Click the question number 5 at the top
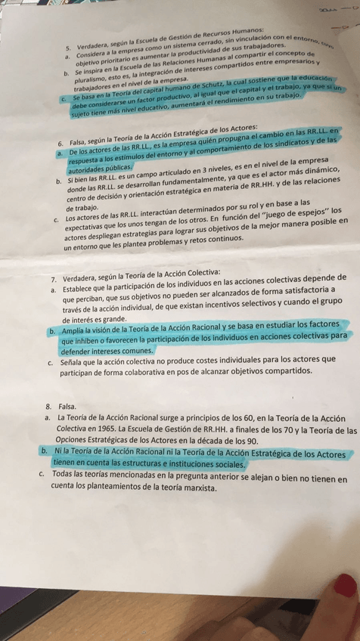pyautogui.click(x=68, y=47)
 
